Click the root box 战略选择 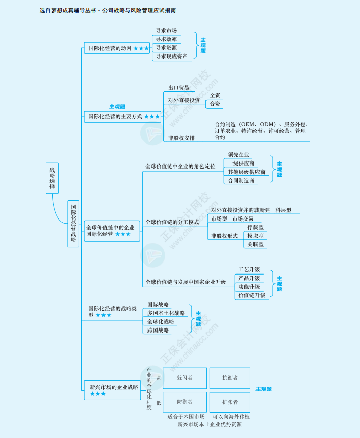[x=52, y=178]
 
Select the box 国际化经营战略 [x=73, y=224]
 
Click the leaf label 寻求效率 [x=166, y=39]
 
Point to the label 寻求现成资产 [x=172, y=57]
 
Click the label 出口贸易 [x=179, y=87]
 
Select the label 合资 [x=215, y=104]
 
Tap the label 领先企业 [x=238, y=155]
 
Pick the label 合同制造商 [x=241, y=180]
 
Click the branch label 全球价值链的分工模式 [x=172, y=222]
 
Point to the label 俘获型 [x=255, y=227]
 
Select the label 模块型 [x=255, y=236]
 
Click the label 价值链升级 [x=251, y=295]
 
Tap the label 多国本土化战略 [x=166, y=313]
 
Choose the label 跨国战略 [x=158, y=330]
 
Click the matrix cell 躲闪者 [x=184, y=377]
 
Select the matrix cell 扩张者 [x=230, y=402]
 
